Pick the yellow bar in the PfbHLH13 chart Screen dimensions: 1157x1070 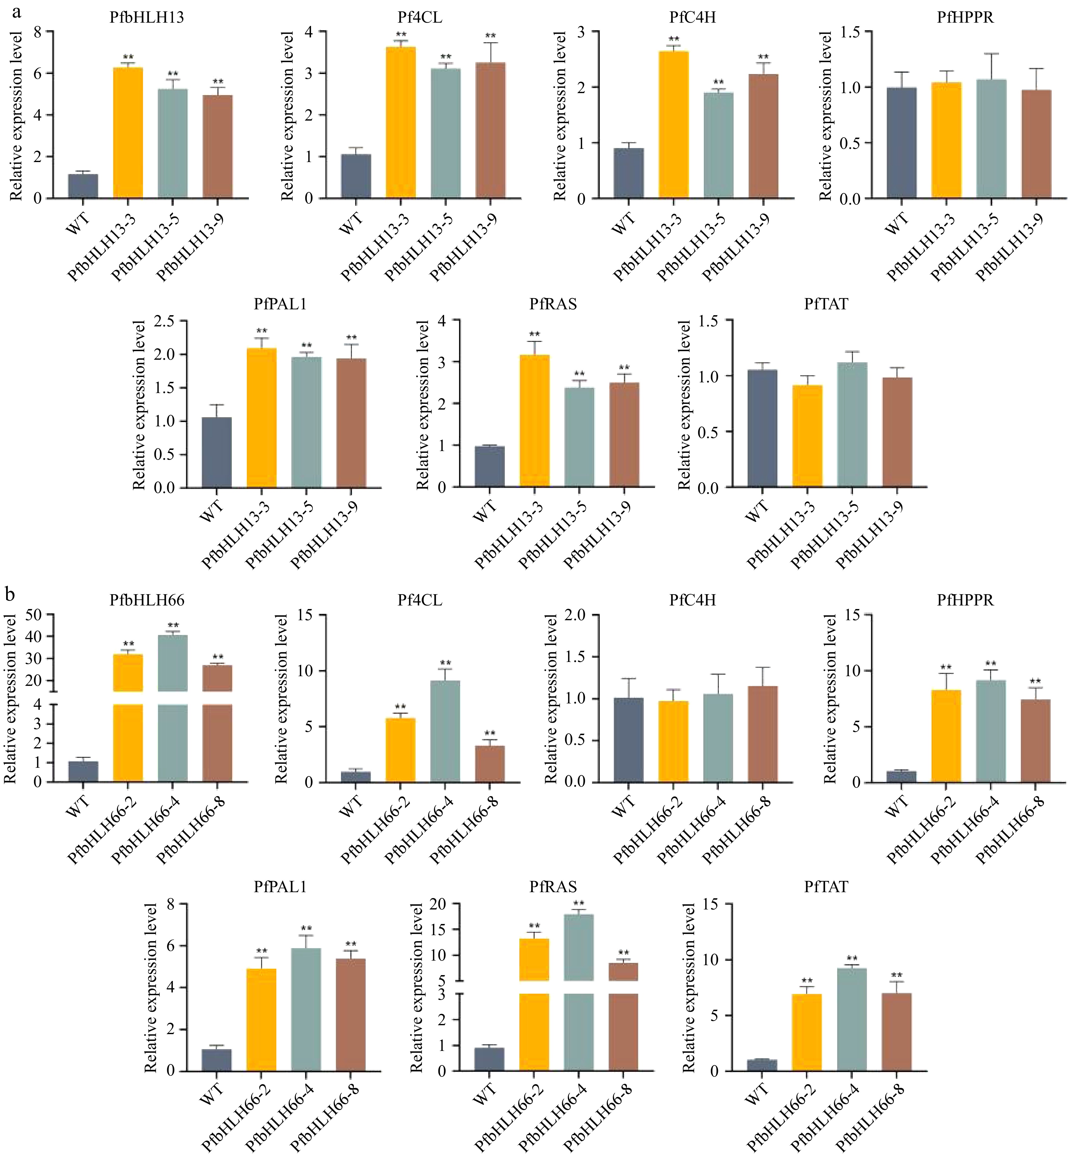point(128,133)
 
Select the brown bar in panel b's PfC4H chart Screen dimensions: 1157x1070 point(763,734)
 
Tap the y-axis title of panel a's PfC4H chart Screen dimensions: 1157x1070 point(559,116)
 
